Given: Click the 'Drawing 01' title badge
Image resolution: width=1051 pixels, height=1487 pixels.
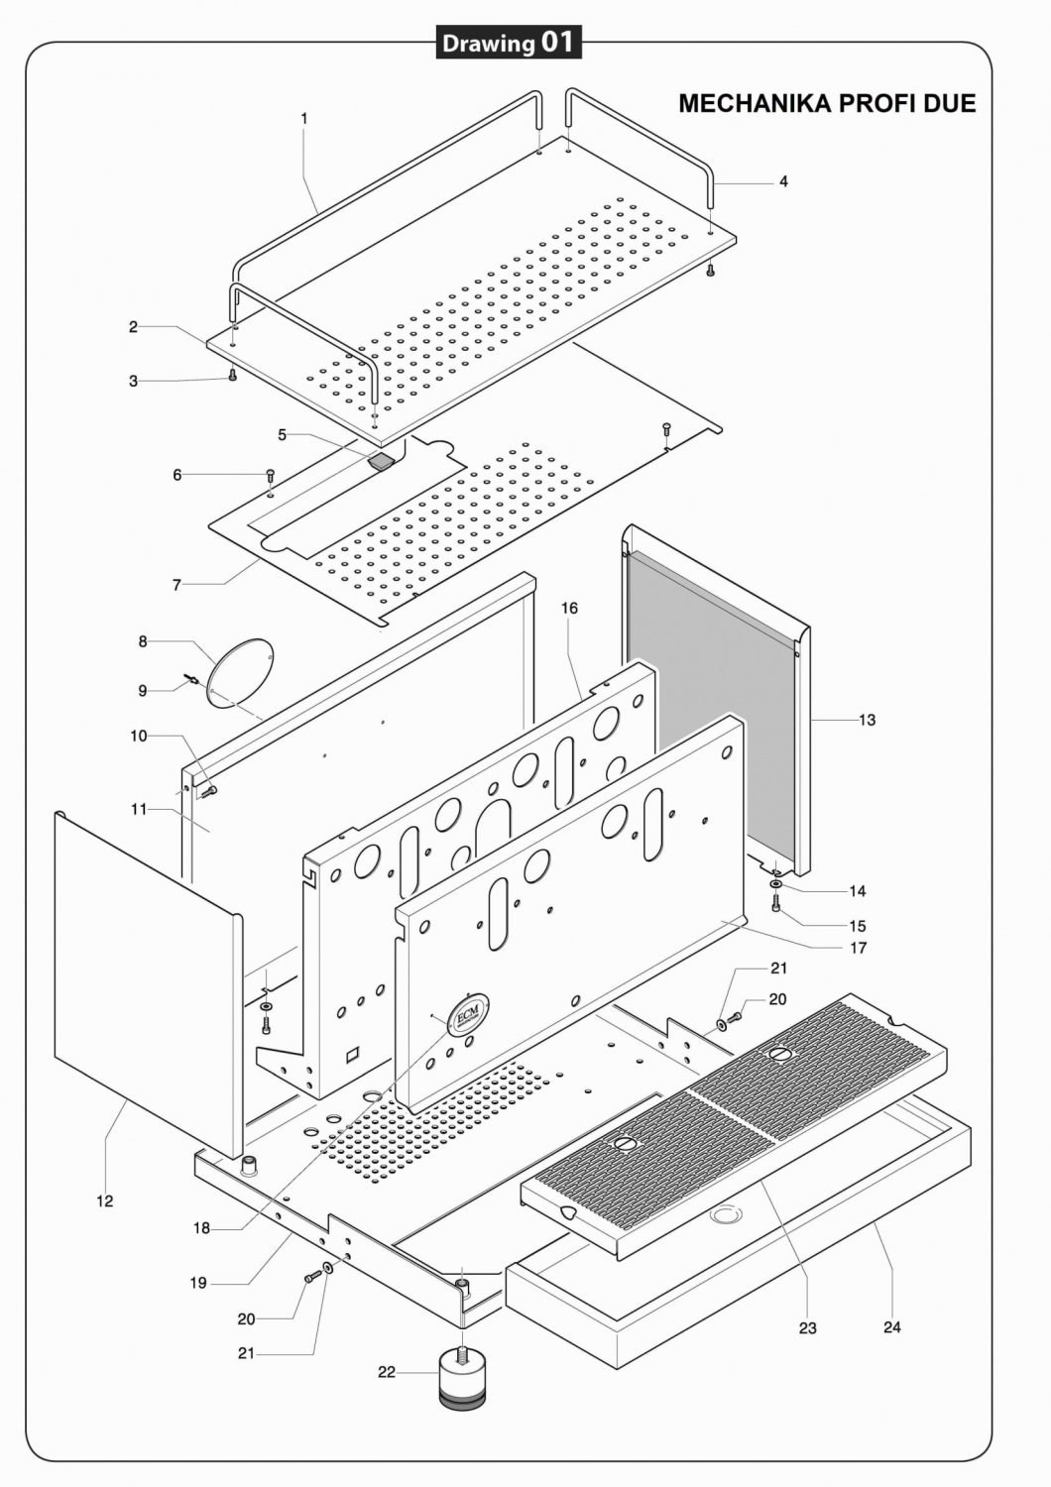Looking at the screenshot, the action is coord(509,43).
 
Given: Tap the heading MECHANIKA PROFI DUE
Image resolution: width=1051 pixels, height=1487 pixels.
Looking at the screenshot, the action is coord(827,103).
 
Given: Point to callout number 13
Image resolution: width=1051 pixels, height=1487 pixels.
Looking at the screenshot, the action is coord(868,720).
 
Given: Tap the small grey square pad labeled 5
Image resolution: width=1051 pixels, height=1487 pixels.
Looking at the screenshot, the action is coord(381,460).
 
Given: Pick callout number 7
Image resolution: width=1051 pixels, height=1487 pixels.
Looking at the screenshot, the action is coord(176,585).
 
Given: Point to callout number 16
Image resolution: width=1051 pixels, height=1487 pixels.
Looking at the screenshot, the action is coord(570,608).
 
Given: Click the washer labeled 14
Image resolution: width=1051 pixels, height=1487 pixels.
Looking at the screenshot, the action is coord(776,885).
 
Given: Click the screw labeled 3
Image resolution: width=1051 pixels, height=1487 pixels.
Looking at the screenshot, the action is coord(232,375).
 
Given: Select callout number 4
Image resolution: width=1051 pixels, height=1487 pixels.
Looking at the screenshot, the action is coord(783,181).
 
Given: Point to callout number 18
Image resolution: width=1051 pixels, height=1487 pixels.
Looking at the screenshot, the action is coord(202,1229).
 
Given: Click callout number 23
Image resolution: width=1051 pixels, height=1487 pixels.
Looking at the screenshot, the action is coord(807,1327).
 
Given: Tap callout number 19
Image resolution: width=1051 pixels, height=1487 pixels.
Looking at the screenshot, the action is coord(198,1283).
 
